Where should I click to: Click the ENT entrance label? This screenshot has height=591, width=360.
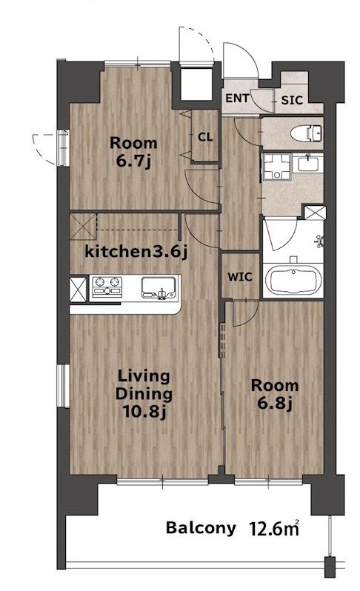pos(237,98)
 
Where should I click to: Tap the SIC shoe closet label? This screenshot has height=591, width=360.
pos(292,100)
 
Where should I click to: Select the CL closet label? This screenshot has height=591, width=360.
pos(205,137)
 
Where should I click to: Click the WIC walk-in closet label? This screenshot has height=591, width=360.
pos(240,277)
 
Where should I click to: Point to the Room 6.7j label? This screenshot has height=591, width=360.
pos(133,153)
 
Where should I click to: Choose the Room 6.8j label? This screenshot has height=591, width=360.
pos(275,395)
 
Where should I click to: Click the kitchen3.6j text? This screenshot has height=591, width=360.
pos(136,252)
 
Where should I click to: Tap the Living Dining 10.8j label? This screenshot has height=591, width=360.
pos(144,395)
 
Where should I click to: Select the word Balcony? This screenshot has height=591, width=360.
pos(201,529)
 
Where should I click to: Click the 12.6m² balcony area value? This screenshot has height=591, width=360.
pos(274,529)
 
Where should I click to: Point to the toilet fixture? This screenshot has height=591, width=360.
pos(306,133)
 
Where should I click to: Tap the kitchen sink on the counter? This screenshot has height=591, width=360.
pos(159,287)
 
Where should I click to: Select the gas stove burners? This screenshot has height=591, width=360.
pos(107,287)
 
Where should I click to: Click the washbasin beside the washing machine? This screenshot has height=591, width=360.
pos(308,164)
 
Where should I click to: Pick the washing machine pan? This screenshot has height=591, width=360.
pos(277,167)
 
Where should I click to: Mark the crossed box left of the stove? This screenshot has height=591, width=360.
pos(78,289)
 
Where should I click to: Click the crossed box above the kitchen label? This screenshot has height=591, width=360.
pos(83,227)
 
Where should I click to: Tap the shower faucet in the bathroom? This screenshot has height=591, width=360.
pos(320,241)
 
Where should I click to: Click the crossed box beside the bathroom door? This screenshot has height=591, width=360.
pos(315,213)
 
